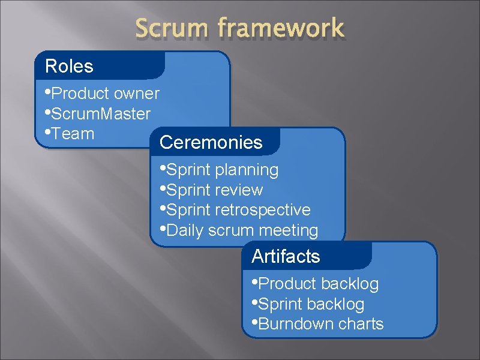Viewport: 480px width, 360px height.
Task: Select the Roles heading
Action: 70,66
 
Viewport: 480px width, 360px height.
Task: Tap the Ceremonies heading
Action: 211,143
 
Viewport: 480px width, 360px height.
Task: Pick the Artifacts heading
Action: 286,257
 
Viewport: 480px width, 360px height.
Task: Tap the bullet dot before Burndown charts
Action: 255,322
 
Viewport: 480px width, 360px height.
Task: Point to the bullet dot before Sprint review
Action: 163,188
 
